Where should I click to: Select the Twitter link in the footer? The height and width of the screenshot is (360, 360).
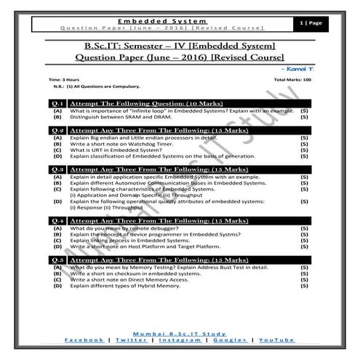point(131,340)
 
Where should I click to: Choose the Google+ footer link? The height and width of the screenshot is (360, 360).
point(230,340)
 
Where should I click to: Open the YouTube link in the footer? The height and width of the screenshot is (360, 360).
point(276,340)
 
